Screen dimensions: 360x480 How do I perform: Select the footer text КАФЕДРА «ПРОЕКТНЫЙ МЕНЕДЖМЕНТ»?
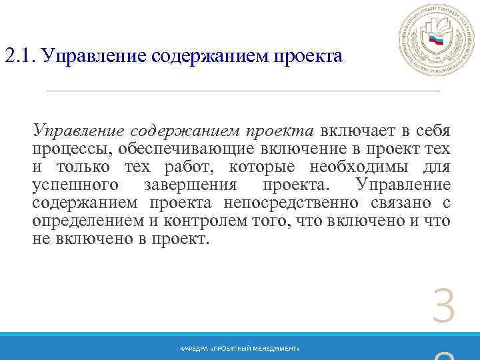(240, 349)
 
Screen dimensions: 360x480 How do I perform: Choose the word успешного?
(77, 185)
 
